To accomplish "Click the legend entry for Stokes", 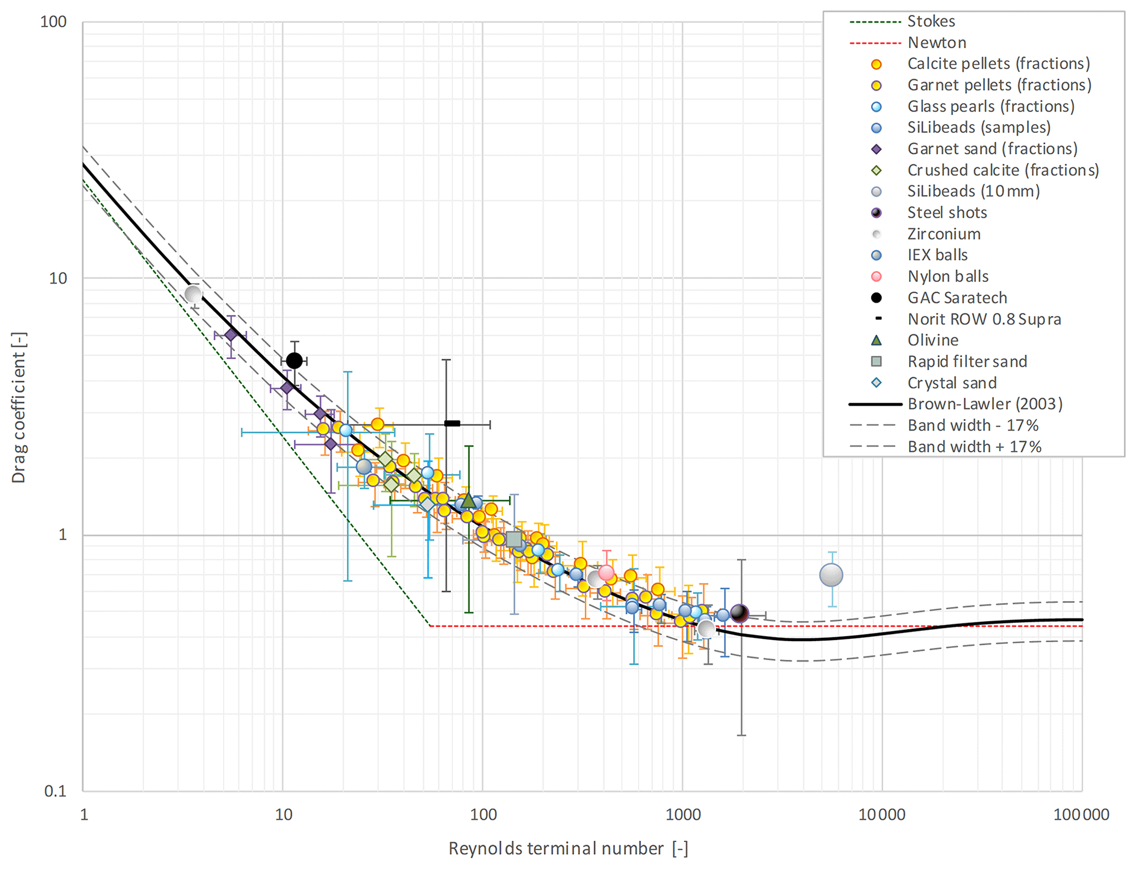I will pos(931,21).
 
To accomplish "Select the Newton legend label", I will pos(936,43).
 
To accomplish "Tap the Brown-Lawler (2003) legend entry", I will pos(985,404).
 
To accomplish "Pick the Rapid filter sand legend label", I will pos(967,361).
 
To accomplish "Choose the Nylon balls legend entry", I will pos(948,276).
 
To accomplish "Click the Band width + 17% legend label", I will pos(974,447).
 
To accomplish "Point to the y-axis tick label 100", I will pos(53,22).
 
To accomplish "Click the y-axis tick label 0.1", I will pos(55,791).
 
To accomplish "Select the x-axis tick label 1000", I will pos(683,815).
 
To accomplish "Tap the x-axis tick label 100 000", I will pos(1081,815).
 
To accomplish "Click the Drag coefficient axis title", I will pos(19,407).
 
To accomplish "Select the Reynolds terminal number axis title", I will pos(568,849).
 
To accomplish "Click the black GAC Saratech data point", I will pos(295,361).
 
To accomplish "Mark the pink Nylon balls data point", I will pos(606,573).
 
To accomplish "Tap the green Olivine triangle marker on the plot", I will pos(468,500).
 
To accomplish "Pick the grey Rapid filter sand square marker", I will pos(514,539).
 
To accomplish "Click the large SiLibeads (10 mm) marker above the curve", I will pos(831,575).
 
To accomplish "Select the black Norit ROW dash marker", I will pos(452,424).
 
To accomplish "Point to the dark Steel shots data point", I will pos(740,613).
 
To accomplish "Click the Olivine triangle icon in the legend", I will pos(877,341).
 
